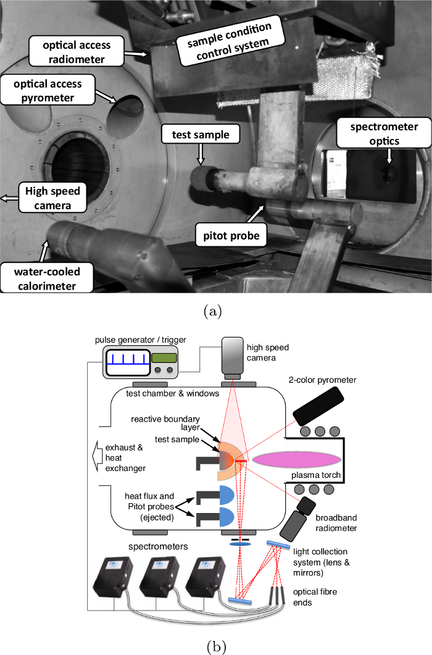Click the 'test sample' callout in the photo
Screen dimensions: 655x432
[195, 134]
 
